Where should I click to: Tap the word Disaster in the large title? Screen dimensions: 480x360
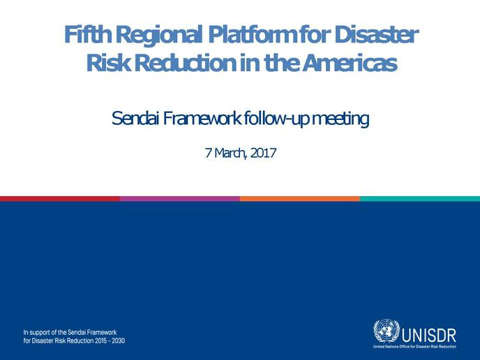376,34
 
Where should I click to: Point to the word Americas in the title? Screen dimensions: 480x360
350,63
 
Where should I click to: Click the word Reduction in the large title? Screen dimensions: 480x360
185,63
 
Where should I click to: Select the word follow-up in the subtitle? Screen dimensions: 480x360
275,119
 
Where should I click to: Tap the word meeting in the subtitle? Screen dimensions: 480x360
340,119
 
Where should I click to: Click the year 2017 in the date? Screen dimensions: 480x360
263,153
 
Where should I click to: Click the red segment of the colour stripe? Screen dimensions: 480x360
60,199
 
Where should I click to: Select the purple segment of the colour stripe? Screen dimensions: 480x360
180,199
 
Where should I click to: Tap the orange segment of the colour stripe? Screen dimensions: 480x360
300,199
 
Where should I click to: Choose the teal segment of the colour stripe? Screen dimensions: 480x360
420,199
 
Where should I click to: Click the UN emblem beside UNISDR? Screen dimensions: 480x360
387,331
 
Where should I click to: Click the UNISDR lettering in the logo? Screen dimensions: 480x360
428,336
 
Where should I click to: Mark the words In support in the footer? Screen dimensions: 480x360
36,333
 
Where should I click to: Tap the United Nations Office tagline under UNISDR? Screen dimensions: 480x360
414,347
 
